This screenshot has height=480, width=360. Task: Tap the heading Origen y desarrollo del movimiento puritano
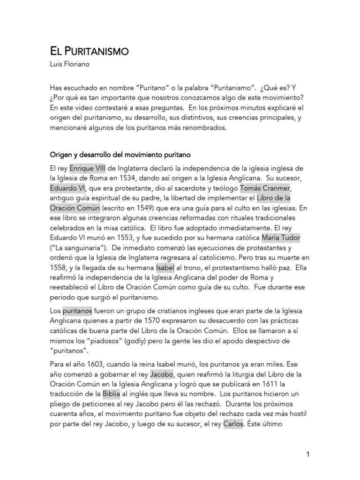click(120, 155)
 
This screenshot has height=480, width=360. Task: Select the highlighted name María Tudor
click(281, 238)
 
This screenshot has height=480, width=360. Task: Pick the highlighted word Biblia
click(112, 395)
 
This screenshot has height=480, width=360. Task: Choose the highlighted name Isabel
click(165, 267)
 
